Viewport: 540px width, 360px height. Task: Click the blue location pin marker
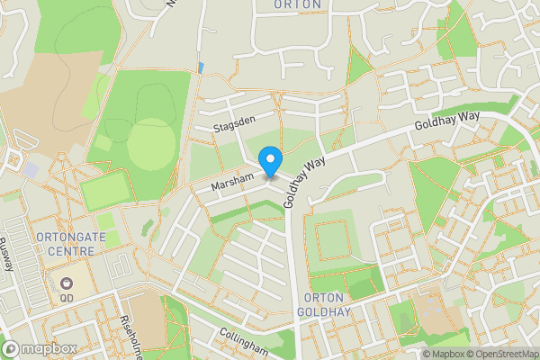click(x=270, y=162)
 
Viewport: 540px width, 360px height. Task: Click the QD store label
click(x=67, y=297)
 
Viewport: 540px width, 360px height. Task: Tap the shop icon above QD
click(x=67, y=282)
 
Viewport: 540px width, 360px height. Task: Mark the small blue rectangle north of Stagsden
click(x=200, y=67)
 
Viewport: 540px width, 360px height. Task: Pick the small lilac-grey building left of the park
click(x=31, y=169)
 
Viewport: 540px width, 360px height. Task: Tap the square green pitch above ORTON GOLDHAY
click(x=337, y=239)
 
